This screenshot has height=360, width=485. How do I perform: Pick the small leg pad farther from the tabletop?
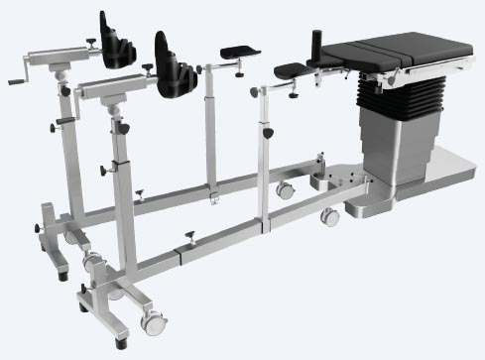click(238, 49)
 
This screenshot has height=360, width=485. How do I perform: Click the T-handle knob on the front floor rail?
click(189, 235)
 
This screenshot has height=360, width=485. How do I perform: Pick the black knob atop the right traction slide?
click(148, 62)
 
